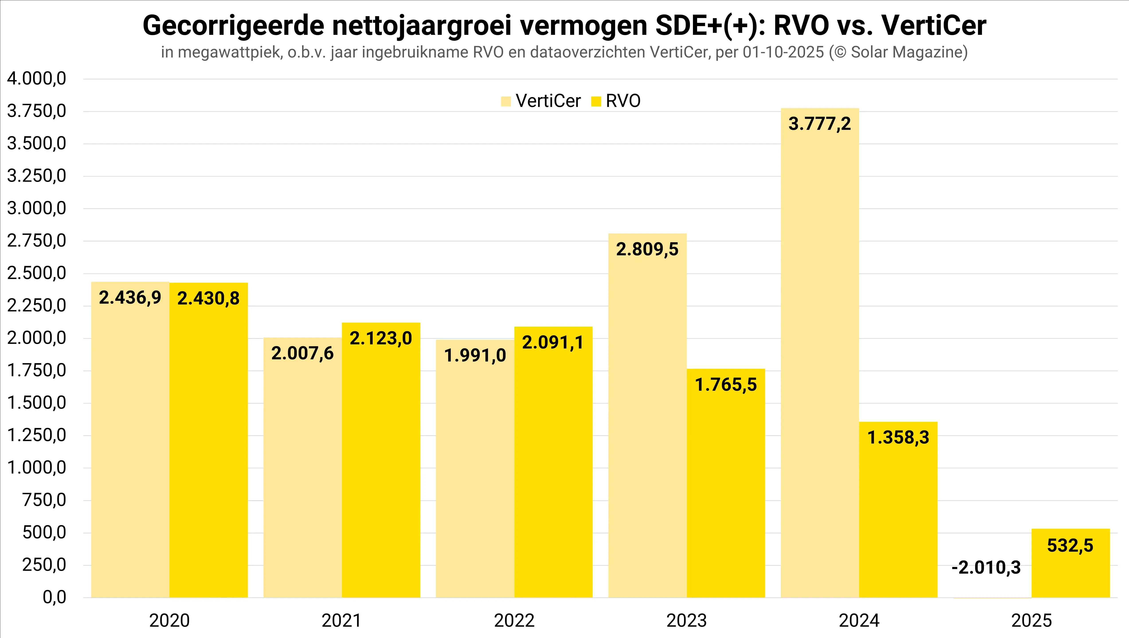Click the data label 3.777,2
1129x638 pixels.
coord(820,124)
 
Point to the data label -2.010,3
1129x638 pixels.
coord(986,568)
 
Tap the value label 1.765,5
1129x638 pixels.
coord(726,385)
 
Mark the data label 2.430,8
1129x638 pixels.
coord(209,299)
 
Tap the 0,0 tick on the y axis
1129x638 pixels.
coord(54,597)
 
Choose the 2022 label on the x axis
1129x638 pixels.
coord(514,621)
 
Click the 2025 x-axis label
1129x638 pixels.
coord(1031,621)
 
